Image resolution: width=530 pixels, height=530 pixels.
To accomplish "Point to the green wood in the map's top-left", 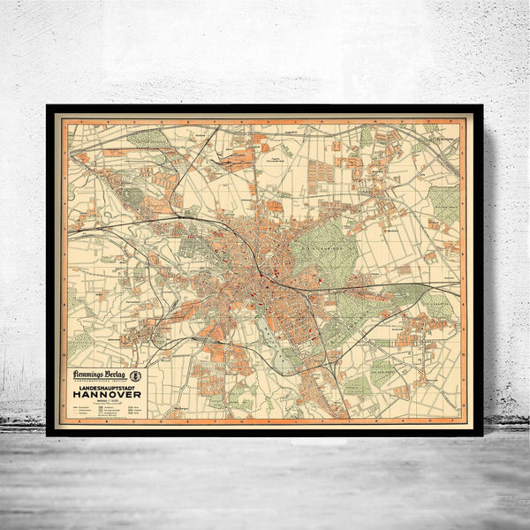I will click(147, 138).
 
